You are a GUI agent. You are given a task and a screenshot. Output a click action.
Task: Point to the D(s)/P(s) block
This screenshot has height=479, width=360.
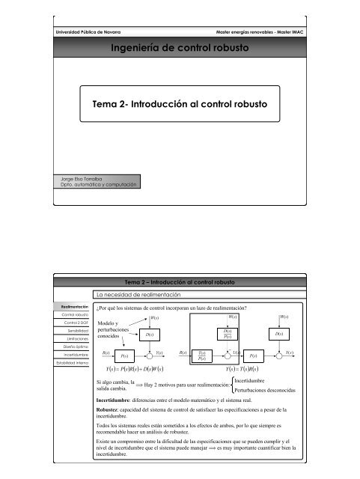pyautogui.click(x=227, y=333)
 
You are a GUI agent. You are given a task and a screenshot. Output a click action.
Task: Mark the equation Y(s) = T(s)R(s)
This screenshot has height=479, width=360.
pyautogui.click(x=251, y=368)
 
